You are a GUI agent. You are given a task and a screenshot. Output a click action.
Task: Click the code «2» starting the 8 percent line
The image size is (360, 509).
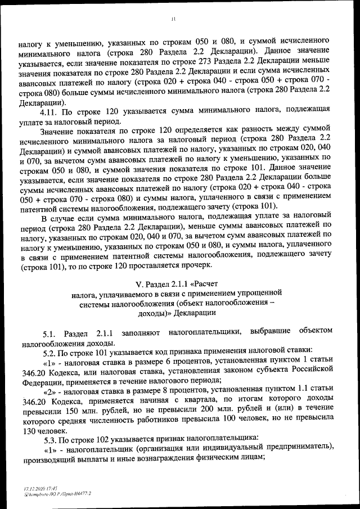pyautogui.click(x=50, y=393)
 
